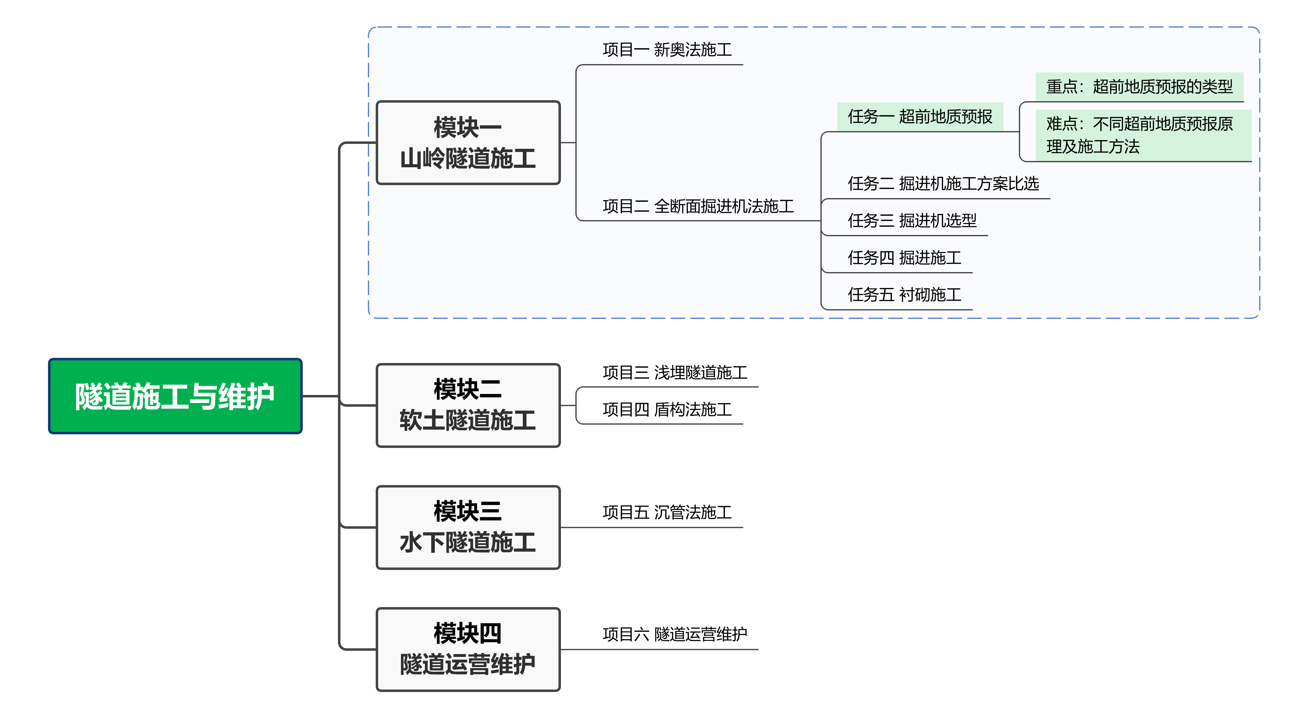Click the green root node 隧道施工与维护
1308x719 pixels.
pyautogui.click(x=175, y=396)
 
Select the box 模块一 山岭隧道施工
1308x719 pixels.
pyautogui.click(x=468, y=143)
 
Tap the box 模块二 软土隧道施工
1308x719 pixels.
pyautogui.click(x=468, y=405)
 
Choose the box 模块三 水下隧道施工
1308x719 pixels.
pyautogui.click(x=468, y=527)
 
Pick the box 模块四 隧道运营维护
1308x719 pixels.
pyautogui.click(x=468, y=649)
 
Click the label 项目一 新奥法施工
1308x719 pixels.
pyautogui.click(x=667, y=50)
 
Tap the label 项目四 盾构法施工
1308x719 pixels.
pyautogui.click(x=667, y=409)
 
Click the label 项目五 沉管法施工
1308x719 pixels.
pyautogui.click(x=667, y=512)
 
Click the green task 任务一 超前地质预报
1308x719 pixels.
pyautogui.click(x=920, y=117)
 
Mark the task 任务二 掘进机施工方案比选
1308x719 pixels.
pyautogui.click(x=943, y=183)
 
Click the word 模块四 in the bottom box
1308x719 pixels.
pyautogui.click(x=468, y=633)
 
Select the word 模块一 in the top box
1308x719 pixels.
pyautogui.click(x=468, y=127)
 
